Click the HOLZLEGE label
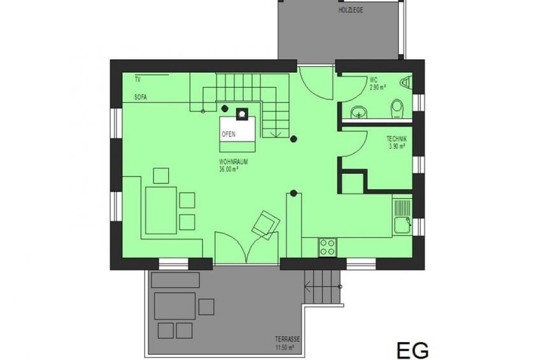point(351,10)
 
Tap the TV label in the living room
point(138,80)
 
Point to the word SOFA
point(141,97)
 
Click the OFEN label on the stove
point(229,134)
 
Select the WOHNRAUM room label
point(234,162)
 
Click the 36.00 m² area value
point(229,169)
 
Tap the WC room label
point(374,80)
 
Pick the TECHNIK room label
point(397,139)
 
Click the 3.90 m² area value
point(397,146)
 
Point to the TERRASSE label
point(288,340)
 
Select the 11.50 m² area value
point(285,347)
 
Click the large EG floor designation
point(413,350)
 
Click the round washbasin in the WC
point(359,113)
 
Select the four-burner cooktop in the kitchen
point(328,247)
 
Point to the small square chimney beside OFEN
point(242,114)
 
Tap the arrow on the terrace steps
point(323,287)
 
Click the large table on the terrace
point(174,306)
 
